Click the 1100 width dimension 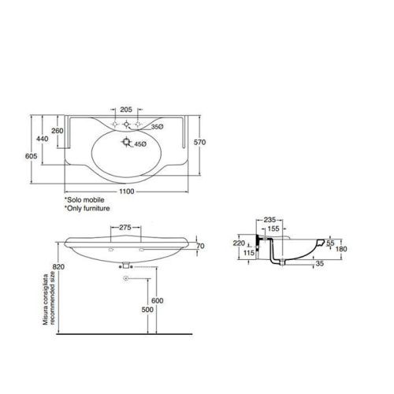click(x=127, y=191)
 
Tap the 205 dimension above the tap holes click(x=126, y=110)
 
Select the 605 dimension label click(x=31, y=156)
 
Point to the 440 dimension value click(x=42, y=139)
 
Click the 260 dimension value click(x=58, y=131)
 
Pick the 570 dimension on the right click(x=199, y=142)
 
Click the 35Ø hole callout click(x=157, y=127)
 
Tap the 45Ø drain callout click(x=140, y=144)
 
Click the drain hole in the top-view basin click(x=127, y=142)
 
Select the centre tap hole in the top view click(x=126, y=124)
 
